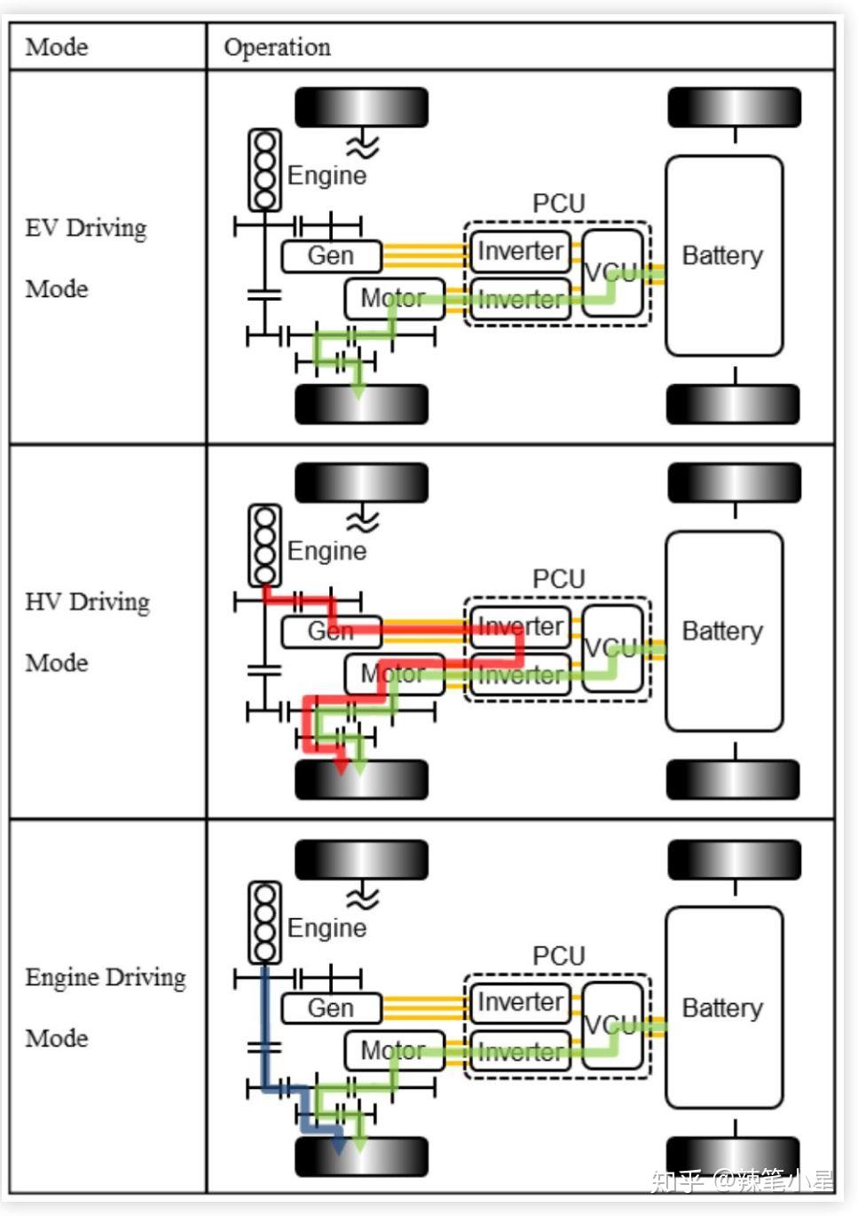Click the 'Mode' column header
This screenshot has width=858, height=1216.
[57, 47]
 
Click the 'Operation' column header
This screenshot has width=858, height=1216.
[277, 48]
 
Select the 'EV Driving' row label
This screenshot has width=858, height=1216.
[86, 228]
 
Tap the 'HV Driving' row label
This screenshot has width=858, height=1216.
[88, 602]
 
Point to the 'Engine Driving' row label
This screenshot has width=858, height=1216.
[106, 977]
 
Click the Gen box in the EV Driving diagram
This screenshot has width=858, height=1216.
[331, 255]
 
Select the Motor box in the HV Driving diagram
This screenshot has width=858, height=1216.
[394, 674]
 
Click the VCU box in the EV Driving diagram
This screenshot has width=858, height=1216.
[612, 272]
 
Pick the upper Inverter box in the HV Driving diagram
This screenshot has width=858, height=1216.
[520, 627]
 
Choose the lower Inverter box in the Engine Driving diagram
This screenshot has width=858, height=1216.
[520, 1052]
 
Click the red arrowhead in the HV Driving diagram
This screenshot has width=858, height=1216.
[341, 766]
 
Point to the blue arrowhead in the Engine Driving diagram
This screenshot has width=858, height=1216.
[339, 1144]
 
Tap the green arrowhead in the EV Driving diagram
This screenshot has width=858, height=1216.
[358, 391]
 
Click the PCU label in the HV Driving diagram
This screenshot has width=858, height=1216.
[558, 578]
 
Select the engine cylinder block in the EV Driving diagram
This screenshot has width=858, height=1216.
[264, 170]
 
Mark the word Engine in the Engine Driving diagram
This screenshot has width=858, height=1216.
[327, 929]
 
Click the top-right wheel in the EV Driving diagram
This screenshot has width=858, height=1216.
[734, 107]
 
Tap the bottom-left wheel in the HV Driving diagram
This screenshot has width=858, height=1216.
[361, 780]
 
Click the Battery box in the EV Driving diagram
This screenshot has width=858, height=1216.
[724, 255]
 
